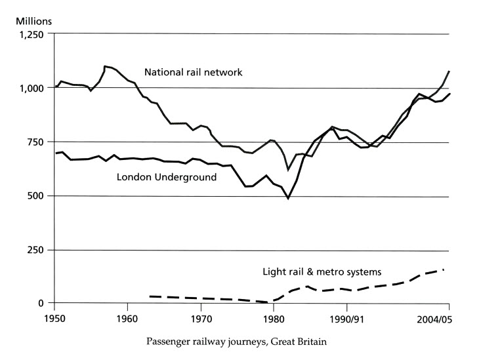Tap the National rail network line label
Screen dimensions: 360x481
coord(194,72)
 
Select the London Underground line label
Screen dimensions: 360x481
coord(166,177)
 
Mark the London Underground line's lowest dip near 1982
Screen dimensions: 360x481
coord(288,197)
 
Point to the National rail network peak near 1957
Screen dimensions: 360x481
coord(104,66)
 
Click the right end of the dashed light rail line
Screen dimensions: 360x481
coord(444,270)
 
